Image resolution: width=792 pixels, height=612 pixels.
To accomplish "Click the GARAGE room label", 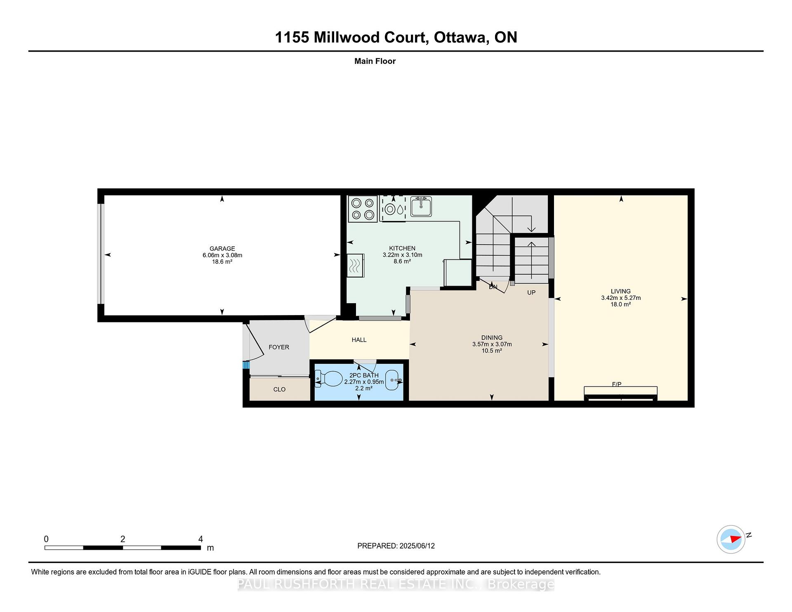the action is pyautogui.click(x=222, y=249).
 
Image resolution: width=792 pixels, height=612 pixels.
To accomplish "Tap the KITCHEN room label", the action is pyautogui.click(x=402, y=248).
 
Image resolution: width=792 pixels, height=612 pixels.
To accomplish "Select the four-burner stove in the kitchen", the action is pyautogui.click(x=363, y=209).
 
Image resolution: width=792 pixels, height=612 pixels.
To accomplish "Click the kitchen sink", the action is pyautogui.click(x=421, y=206).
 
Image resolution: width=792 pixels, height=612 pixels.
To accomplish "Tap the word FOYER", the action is pyautogui.click(x=279, y=347).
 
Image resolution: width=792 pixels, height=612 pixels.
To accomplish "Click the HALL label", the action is pyautogui.click(x=359, y=340).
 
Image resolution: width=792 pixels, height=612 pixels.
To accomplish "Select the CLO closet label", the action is pyautogui.click(x=279, y=389).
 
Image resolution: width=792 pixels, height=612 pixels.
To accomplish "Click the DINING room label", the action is pyautogui.click(x=492, y=337).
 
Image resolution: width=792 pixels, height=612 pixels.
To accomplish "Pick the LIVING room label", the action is pyautogui.click(x=621, y=291).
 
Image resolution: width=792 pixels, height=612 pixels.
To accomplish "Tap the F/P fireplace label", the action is pyautogui.click(x=617, y=384).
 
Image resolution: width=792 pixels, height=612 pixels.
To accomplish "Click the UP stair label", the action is pyautogui.click(x=531, y=292).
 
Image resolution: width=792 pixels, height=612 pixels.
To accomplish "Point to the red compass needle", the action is pyautogui.click(x=735, y=539).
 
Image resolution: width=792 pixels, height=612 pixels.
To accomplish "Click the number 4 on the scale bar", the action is pyautogui.click(x=200, y=539).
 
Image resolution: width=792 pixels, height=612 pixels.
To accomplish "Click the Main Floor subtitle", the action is pyautogui.click(x=375, y=61).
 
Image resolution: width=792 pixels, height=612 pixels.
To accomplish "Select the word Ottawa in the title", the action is pyautogui.click(x=460, y=38).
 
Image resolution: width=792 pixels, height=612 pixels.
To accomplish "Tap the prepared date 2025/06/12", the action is pyautogui.click(x=417, y=546).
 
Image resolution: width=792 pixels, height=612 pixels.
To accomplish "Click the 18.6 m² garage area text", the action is pyautogui.click(x=222, y=262).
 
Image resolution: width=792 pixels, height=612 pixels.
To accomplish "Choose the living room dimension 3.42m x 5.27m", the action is pyautogui.click(x=621, y=298).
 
